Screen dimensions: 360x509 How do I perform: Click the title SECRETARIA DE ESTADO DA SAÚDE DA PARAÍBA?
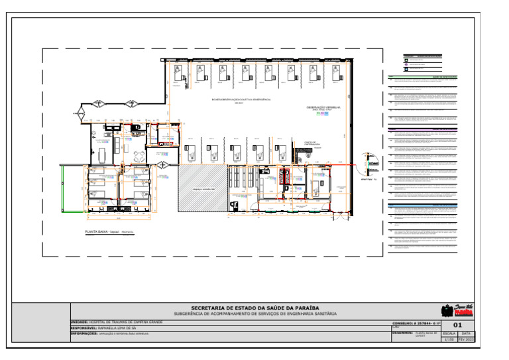(255, 308)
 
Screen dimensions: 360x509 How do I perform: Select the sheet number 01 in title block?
(457, 325)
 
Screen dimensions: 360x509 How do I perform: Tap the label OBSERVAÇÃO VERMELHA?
(323, 107)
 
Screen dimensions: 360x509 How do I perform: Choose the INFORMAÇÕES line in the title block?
(109, 333)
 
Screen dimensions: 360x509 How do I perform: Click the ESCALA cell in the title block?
(449, 333)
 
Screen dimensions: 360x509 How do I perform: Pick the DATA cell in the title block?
(466, 333)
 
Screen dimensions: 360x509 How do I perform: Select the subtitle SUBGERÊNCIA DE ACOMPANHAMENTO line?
(255, 313)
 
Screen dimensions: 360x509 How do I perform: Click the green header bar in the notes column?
(422, 77)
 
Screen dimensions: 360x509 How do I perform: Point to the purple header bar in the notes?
(422, 129)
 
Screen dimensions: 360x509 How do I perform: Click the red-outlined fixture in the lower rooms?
(286, 176)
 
